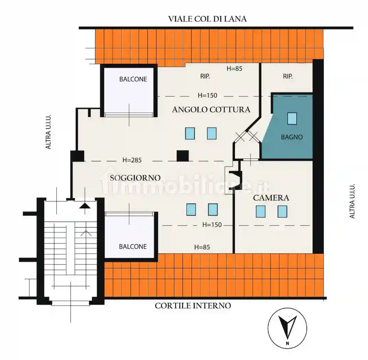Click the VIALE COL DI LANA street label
click(x=207, y=19)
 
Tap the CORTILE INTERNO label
click(x=193, y=305)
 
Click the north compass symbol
click(x=287, y=328)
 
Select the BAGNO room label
click(x=292, y=137)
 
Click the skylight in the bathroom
click(x=292, y=119)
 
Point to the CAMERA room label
click(x=271, y=198)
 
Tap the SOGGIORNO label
click(x=135, y=178)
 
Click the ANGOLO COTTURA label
click(x=211, y=110)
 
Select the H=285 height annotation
click(x=132, y=160)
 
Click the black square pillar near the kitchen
click(x=182, y=156)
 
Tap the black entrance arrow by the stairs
click(x=85, y=206)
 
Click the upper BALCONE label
click(x=133, y=79)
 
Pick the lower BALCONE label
click(x=133, y=247)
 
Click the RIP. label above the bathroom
click(x=288, y=76)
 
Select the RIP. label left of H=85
click(x=205, y=76)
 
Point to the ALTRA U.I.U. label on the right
click(x=352, y=201)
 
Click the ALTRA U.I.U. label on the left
click(x=48, y=132)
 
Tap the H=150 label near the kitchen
click(x=207, y=95)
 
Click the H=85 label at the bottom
click(x=202, y=247)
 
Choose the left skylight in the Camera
click(x=261, y=212)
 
